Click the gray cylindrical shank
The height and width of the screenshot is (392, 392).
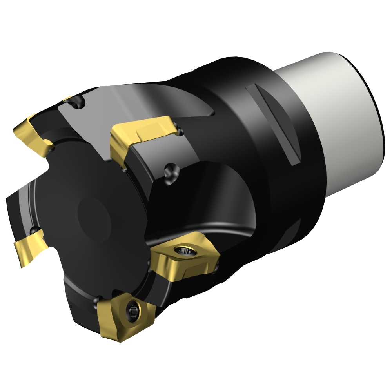pos(333,118)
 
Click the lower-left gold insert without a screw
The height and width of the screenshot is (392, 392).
pos(29,249)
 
